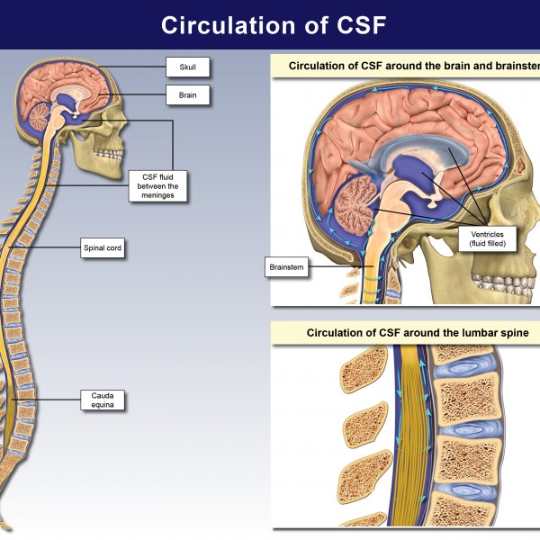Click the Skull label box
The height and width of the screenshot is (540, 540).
point(186,66)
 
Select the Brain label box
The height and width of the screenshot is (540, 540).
point(186,93)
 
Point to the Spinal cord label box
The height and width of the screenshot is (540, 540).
point(101,249)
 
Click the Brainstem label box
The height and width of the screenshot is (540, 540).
point(285,267)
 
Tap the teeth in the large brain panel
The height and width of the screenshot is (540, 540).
point(517,286)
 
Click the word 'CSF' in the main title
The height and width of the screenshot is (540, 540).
point(355,25)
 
